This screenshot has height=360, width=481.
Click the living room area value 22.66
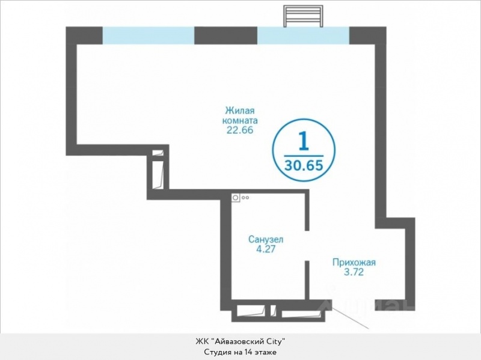click(240, 130)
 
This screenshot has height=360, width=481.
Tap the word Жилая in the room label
click(240, 110)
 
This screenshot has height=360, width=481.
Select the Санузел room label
click(266, 239)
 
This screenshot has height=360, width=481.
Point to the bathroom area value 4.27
click(266, 249)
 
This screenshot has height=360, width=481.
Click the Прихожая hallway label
click(354, 263)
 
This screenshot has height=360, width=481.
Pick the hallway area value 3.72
click(354, 272)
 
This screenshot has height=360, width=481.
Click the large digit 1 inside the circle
click(304, 141)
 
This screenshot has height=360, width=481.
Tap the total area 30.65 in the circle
click(304, 166)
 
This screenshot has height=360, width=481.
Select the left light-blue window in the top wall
click(149, 35)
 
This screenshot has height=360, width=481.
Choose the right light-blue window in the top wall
click(303, 35)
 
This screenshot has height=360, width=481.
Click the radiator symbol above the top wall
click(303, 16)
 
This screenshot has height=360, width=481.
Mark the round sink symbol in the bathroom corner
click(236, 198)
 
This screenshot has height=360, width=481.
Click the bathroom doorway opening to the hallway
click(307, 245)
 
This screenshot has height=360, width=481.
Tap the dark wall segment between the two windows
click(226, 35)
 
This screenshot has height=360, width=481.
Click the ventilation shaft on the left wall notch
click(158, 169)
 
